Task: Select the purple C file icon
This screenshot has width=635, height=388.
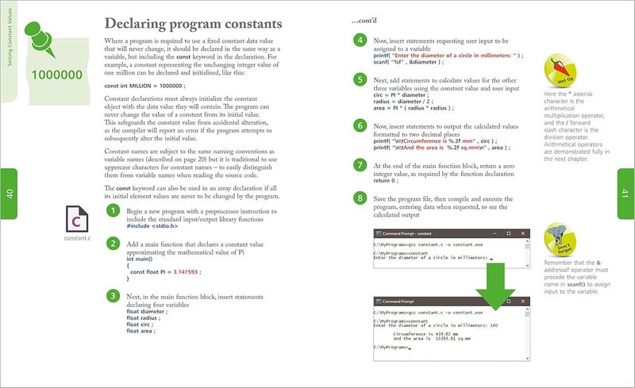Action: tap(77, 218)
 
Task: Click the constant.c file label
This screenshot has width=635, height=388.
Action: tap(77, 238)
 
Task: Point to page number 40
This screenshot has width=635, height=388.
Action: tap(9, 194)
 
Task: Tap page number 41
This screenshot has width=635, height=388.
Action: tap(625, 193)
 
